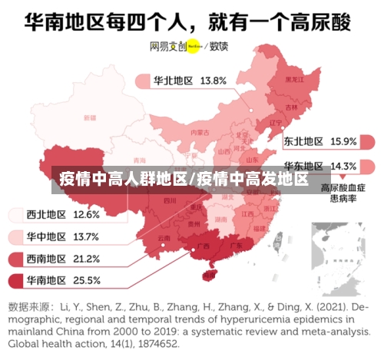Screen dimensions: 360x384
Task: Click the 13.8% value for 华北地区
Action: coord(213,80)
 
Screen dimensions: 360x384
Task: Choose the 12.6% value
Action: coord(87,214)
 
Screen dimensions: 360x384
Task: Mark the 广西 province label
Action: coord(204,246)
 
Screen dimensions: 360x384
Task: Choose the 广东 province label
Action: coord(237,246)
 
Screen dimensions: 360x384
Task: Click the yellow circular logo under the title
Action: coord(193,45)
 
